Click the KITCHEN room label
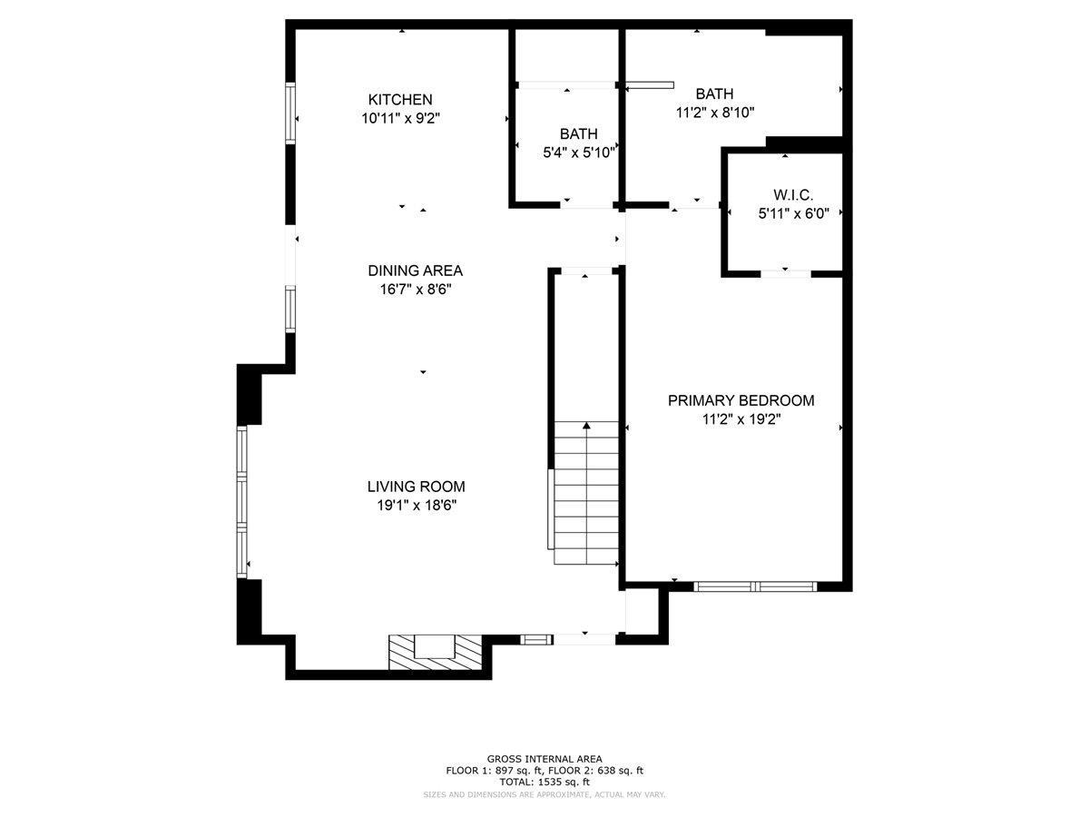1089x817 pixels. [x=400, y=100]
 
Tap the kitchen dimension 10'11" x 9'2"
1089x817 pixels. [x=401, y=119]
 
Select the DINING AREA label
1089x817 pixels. [x=416, y=271]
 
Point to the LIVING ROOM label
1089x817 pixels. [x=416, y=487]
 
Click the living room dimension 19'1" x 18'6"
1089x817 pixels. [x=417, y=505]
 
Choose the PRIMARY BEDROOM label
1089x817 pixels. [x=741, y=400]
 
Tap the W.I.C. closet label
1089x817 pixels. [x=793, y=194]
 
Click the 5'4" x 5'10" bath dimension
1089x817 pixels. [x=579, y=153]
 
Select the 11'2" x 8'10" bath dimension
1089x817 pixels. [x=715, y=113]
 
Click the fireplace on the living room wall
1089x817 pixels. [x=435, y=652]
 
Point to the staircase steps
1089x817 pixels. [x=586, y=493]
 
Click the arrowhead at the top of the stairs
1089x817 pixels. [x=586, y=425]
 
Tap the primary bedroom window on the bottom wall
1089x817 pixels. [x=755, y=586]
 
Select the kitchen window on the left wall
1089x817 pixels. [x=290, y=113]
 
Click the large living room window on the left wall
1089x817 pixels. [x=242, y=501]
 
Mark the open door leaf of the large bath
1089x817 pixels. [x=649, y=85]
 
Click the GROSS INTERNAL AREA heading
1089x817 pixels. [x=544, y=759]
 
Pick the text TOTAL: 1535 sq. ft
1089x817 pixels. [x=544, y=783]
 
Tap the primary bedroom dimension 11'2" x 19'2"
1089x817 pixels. [x=741, y=419]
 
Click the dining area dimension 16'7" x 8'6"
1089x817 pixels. [x=416, y=289]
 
